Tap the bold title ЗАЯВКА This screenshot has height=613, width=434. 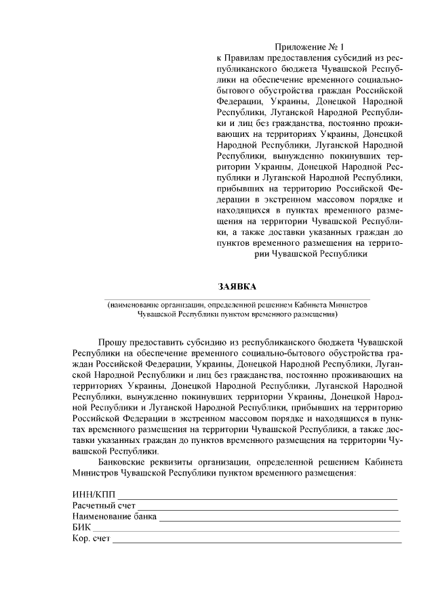point(237,286)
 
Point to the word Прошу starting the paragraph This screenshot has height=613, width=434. point(112,344)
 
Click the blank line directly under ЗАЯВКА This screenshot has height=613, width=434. point(237,299)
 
